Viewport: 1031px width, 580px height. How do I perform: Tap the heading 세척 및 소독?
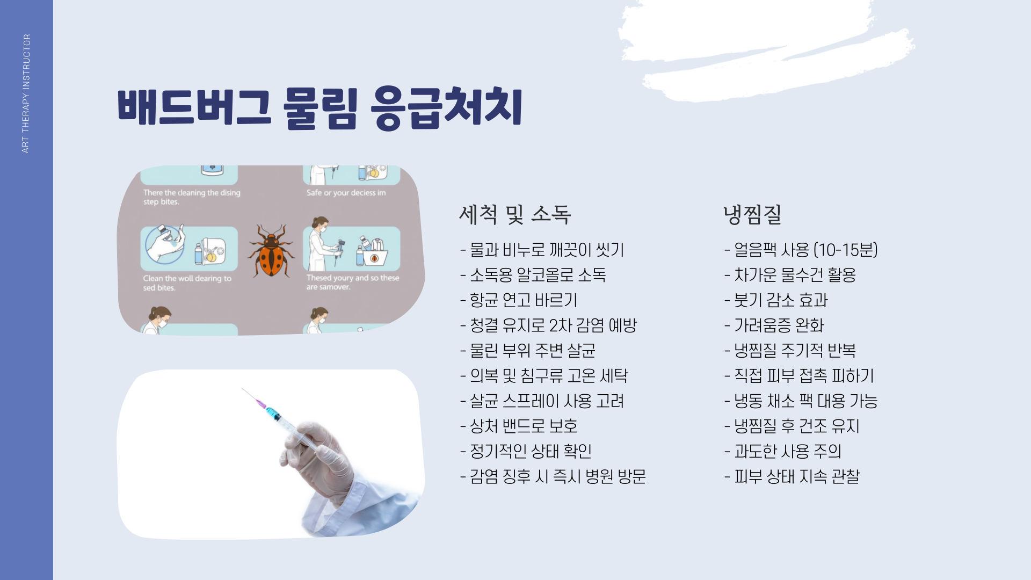pyautogui.click(x=514, y=215)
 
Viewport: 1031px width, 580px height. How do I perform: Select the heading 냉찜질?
pyautogui.click(x=752, y=215)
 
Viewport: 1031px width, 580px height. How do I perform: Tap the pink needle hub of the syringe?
pyautogui.click(x=262, y=403)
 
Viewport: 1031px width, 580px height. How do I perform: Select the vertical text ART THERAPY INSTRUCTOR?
pyautogui.click(x=26, y=93)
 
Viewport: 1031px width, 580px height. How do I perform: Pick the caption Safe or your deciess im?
pyautogui.click(x=346, y=193)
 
